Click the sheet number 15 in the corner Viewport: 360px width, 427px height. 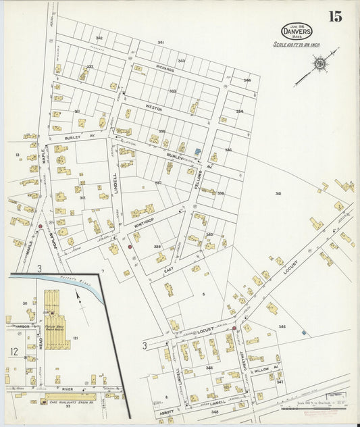coord(335,16)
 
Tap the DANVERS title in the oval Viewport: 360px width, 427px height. coord(298,30)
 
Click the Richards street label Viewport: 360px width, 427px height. coord(165,69)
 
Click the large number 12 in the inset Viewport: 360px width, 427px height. coord(14,351)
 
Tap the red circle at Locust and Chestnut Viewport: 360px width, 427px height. coord(234,328)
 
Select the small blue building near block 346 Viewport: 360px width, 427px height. coord(303,332)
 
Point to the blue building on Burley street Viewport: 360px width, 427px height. coord(197,152)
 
